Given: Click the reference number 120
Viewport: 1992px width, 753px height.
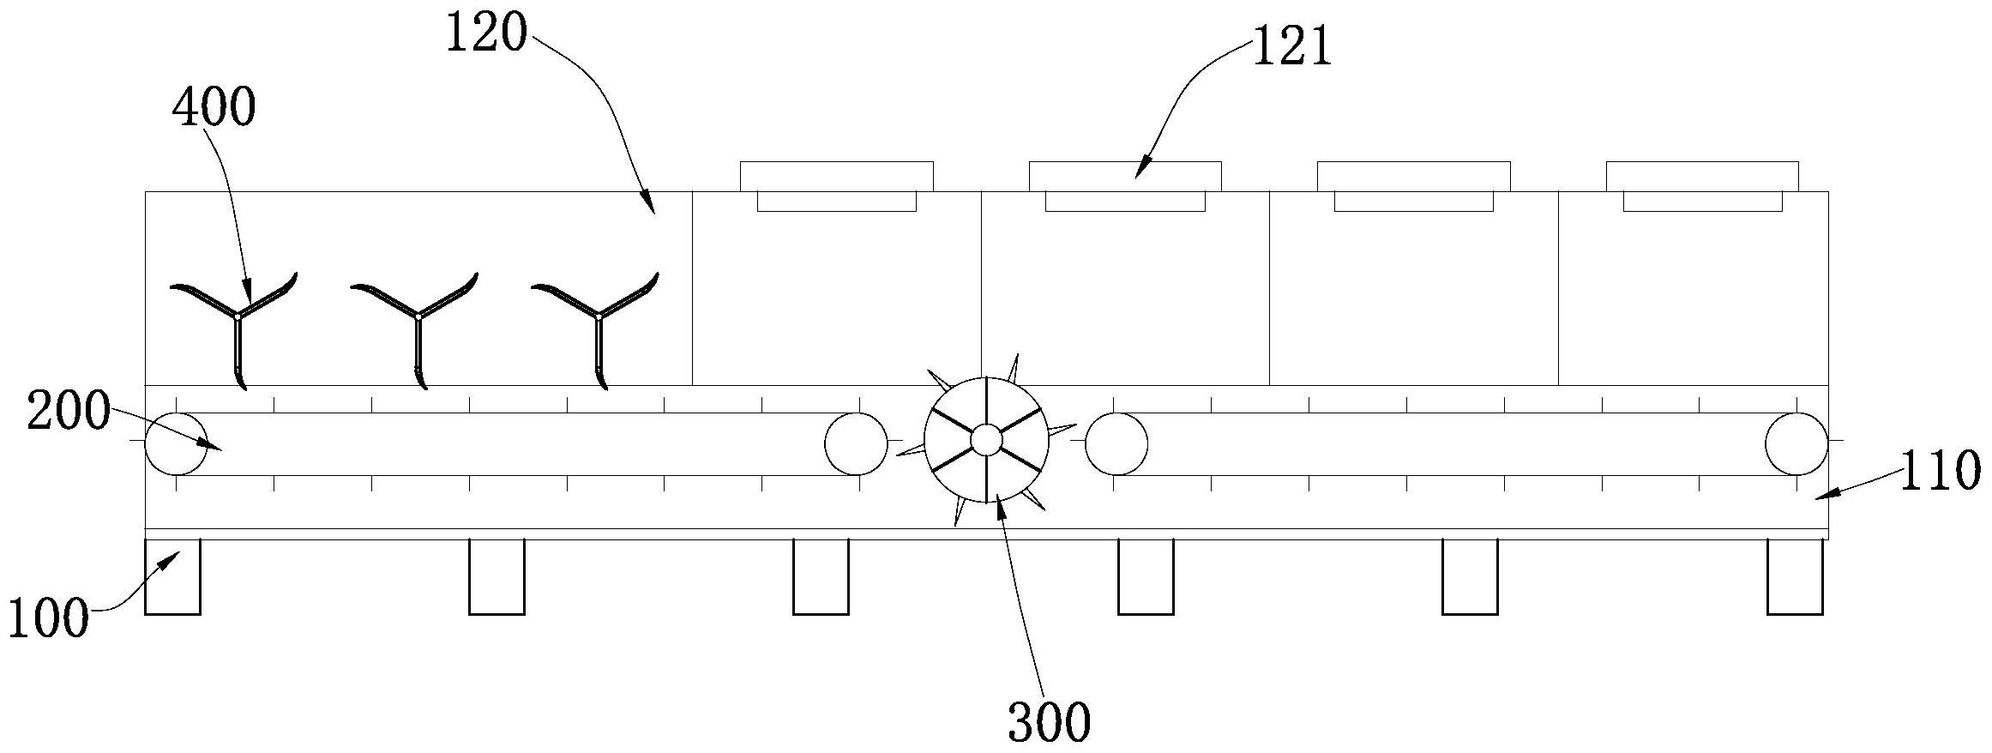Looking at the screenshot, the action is click(x=486, y=35).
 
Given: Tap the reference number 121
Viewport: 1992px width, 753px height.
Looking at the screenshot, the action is click(x=1293, y=47).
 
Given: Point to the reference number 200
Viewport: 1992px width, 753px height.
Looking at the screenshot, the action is click(x=69, y=413).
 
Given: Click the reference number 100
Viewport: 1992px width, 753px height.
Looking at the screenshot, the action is click(x=48, y=618).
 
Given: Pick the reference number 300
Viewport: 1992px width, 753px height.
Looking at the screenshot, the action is click(x=1049, y=722).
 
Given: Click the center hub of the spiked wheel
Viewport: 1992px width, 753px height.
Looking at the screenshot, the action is click(x=986, y=440).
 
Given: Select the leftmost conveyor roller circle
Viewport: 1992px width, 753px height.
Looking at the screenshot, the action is click(x=176, y=443).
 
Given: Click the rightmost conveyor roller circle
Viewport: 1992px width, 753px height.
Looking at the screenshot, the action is click(x=1796, y=443).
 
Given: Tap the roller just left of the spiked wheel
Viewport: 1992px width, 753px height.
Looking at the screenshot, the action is click(x=856, y=443).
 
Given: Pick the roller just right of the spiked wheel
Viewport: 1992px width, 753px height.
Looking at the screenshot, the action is click(x=1116, y=443).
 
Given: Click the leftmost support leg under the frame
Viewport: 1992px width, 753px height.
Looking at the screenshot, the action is click(x=172, y=576).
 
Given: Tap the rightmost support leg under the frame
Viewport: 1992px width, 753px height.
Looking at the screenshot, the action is click(x=1795, y=576).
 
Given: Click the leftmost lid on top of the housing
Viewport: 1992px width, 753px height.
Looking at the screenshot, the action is click(x=836, y=177).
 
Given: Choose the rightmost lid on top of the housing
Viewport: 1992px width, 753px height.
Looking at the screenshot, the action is click(x=1702, y=177).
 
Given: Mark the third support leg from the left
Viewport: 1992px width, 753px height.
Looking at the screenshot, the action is click(x=821, y=576).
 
